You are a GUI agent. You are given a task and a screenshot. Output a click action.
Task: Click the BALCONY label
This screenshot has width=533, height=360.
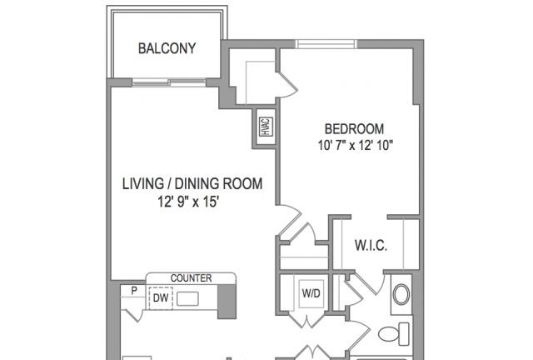pyautogui.click(x=167, y=48)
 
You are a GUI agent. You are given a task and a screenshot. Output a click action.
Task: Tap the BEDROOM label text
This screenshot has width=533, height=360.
pyautogui.click(x=354, y=129)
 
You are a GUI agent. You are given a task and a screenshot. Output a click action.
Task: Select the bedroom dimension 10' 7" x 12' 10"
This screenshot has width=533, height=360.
pyautogui.click(x=356, y=146)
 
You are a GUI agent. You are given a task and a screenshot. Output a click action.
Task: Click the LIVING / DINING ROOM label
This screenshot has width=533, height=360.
pyautogui.click(x=192, y=183)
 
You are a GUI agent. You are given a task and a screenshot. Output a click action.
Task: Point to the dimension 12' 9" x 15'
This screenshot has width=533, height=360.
pyautogui.click(x=187, y=202)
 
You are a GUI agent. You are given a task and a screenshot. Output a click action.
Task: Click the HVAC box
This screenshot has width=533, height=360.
pyautogui.click(x=266, y=127)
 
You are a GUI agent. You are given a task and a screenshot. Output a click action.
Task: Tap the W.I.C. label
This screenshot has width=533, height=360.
pyautogui.click(x=371, y=245)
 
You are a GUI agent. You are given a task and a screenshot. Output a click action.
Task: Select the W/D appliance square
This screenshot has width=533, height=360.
pyautogui.click(x=311, y=293)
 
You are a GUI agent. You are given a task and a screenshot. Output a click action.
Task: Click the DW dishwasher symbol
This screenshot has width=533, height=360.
pyautogui.click(x=161, y=298)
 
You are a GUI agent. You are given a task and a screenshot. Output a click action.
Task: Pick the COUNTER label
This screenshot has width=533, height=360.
pyautogui.click(x=191, y=278)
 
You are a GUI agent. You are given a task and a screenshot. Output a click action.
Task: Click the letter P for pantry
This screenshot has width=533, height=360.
pyautogui.click(x=134, y=291)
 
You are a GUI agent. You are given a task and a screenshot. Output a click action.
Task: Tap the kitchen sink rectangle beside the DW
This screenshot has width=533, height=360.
pyautogui.click(x=187, y=299)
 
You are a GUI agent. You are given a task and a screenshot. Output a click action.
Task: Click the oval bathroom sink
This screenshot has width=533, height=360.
pyautogui.click(x=401, y=294)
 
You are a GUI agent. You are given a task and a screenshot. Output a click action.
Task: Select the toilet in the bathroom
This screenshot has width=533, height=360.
pyautogui.click(x=394, y=334)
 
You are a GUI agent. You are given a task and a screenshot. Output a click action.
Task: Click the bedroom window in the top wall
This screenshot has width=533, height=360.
pyautogui.click(x=326, y=44)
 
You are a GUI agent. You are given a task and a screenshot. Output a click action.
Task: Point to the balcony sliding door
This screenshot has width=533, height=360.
pyautogui.click(x=169, y=82)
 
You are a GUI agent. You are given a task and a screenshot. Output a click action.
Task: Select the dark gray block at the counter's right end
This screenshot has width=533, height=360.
pyautogui.click(x=227, y=301)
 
